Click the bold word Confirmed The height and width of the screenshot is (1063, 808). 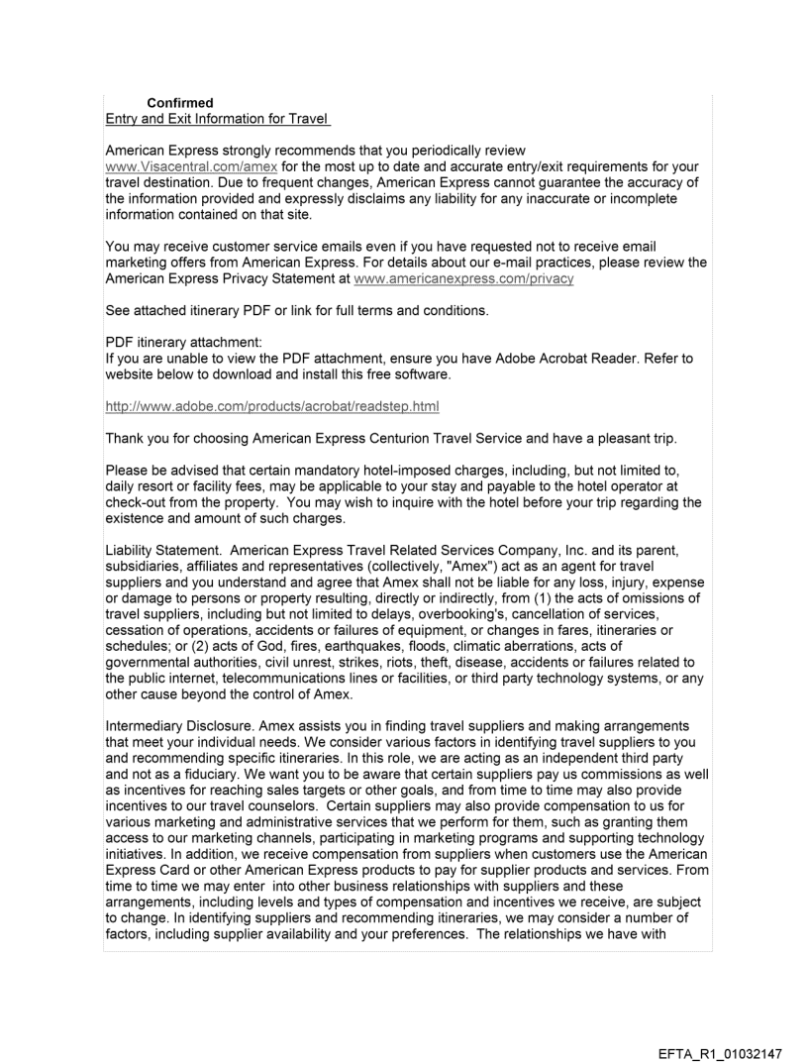(x=179, y=103)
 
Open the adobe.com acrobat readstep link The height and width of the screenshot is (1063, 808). (x=272, y=406)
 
